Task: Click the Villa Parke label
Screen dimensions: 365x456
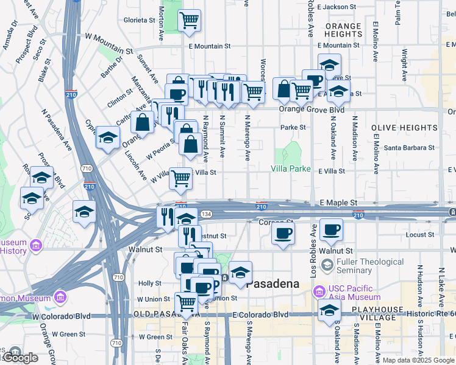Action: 291,169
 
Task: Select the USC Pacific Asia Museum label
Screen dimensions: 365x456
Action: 354,293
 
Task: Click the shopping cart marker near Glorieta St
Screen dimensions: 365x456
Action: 190,20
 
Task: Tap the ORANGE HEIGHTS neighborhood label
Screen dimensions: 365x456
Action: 343,30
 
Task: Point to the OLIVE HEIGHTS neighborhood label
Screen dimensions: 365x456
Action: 396,128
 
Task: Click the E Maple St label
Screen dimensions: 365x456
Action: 337,202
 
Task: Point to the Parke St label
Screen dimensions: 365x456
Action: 293,128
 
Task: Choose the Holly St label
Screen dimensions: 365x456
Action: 149,283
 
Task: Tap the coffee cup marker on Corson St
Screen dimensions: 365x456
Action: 282,233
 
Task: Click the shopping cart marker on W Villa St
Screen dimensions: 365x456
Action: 180,178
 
